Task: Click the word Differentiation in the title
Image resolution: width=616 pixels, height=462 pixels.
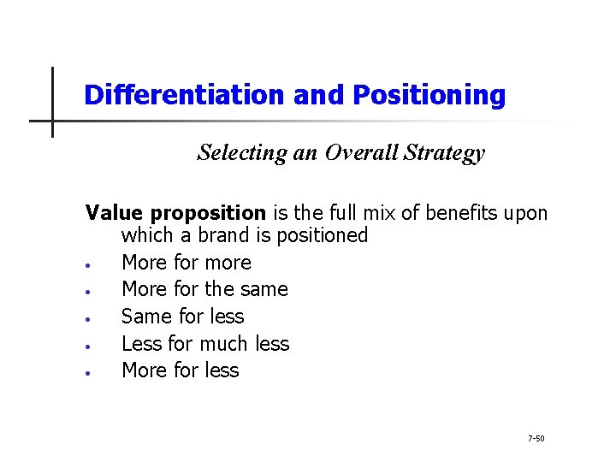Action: pos(185,95)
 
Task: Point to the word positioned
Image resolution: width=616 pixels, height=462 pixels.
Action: pos(326,235)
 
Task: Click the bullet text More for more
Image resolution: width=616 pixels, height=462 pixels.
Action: pos(187,263)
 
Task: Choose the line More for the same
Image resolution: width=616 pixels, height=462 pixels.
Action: pos(204,289)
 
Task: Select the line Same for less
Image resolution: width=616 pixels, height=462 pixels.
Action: pos(182,317)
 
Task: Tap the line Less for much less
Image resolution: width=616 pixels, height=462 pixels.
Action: pos(205,344)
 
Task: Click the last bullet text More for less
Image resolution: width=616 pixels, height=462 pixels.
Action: pos(181,370)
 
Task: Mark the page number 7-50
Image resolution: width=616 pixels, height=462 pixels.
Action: pos(536,439)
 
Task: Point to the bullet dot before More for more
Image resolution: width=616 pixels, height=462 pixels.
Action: pos(90,264)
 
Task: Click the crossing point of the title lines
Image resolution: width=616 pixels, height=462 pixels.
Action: pos(53,121)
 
